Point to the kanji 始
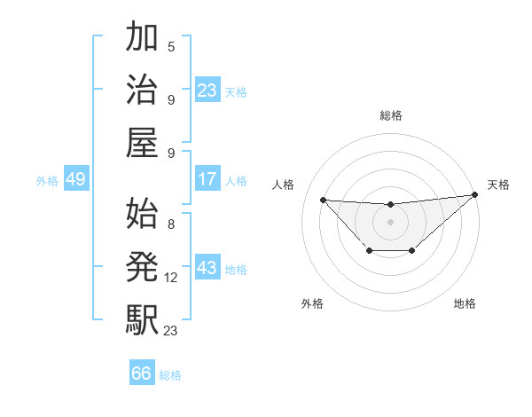[x=142, y=212]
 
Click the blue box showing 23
[x=207, y=90]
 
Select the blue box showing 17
[x=207, y=179]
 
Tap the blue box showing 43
[x=207, y=268]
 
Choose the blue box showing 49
[x=75, y=179]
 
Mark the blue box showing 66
[x=142, y=374]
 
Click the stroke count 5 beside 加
[x=171, y=46]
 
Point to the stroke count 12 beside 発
[x=172, y=278]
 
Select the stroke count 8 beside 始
[x=171, y=224]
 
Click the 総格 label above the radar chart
[x=391, y=115]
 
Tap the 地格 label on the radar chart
[x=465, y=303]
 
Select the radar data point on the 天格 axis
[x=475, y=196]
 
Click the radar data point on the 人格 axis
[x=323, y=200]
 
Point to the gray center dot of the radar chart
[x=390, y=221]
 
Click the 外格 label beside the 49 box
[x=47, y=180]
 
